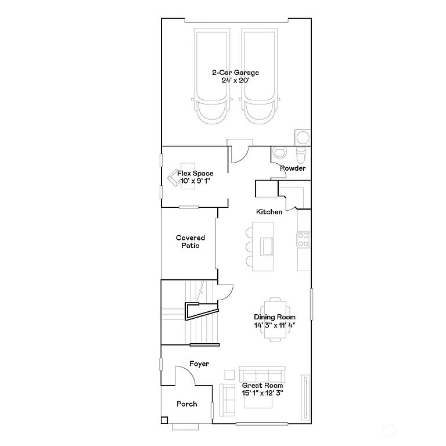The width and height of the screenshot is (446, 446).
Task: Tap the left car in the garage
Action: point(212,75)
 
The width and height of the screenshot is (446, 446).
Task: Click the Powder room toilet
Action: point(301,155)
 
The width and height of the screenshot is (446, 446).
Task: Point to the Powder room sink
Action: point(280,153)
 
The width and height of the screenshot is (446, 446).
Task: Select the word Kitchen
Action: point(270,212)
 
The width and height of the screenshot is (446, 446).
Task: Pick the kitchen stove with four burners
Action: point(303,239)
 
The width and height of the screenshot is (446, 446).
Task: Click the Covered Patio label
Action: point(190,242)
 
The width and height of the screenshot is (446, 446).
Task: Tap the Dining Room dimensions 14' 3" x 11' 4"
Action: point(275,325)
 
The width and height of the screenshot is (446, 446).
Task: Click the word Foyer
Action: point(199,364)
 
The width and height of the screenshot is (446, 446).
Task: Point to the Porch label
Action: point(186,404)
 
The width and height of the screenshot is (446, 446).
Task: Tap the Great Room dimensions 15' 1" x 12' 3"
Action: point(262,393)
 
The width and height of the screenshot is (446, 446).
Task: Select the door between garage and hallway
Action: point(239,152)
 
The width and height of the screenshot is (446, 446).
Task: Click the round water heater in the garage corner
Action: point(303,138)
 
